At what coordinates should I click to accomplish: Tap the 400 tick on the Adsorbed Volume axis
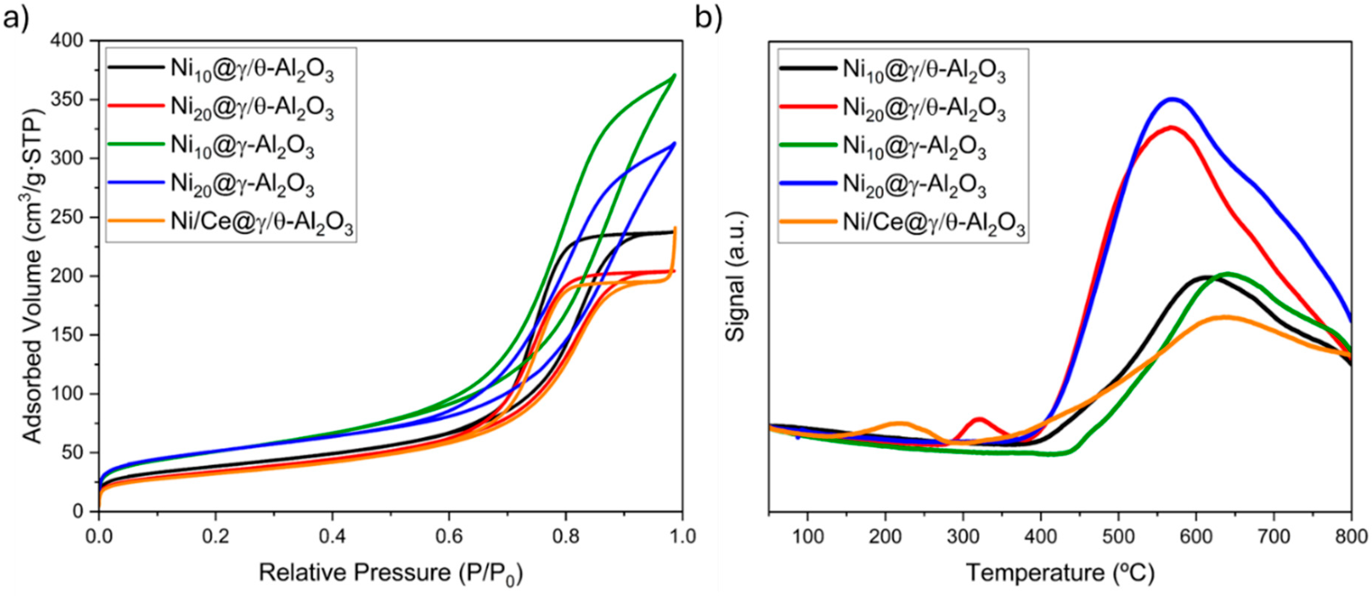[69, 41]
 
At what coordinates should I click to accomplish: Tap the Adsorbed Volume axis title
[32, 277]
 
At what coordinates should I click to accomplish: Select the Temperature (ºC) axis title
[1060, 573]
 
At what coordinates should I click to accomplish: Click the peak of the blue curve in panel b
[1171, 98]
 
